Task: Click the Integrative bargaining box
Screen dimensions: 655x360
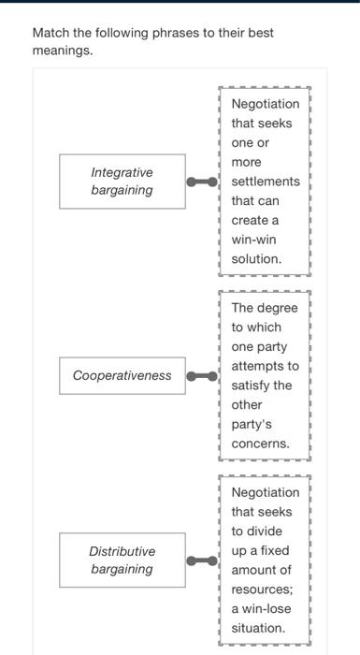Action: point(122,182)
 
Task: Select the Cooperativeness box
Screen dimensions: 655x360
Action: point(122,375)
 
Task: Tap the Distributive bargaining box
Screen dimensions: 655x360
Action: point(122,560)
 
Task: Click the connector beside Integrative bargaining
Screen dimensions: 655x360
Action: point(201,182)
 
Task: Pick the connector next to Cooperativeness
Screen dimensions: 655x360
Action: point(201,375)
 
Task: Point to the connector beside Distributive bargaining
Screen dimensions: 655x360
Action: point(201,560)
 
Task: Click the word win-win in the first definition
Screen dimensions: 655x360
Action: point(255,239)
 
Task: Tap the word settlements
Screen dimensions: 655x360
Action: point(266,181)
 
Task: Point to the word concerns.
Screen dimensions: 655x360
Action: point(261,444)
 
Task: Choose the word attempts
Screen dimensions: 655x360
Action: point(266,366)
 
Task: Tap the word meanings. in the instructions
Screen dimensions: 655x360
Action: point(63,51)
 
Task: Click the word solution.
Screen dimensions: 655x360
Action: point(256,258)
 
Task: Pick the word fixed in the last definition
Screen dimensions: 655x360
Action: point(271,550)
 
